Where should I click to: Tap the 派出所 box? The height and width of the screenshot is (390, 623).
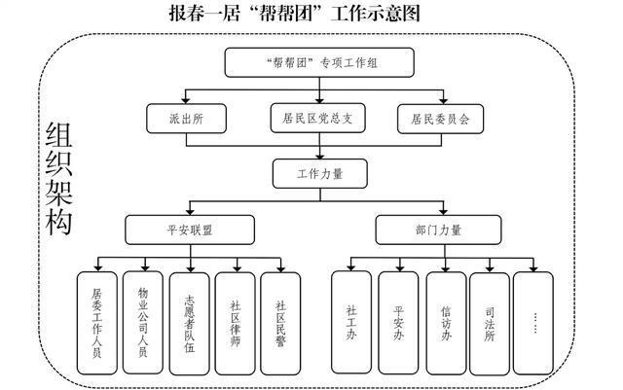pyautogui.click(x=186, y=120)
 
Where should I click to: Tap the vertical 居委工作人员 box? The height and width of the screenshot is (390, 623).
pyautogui.click(x=97, y=322)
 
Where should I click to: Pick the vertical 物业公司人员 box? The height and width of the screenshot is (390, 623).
pyautogui.click(x=143, y=322)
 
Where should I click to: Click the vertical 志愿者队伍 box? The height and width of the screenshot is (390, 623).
pyautogui.click(x=190, y=322)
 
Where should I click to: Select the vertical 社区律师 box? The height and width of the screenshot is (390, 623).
pyautogui.click(x=236, y=322)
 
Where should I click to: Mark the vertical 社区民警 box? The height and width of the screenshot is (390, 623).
pyautogui.click(x=281, y=322)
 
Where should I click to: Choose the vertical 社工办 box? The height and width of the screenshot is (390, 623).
pyautogui.click(x=350, y=322)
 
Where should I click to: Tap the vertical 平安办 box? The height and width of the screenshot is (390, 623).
pyautogui.click(x=397, y=322)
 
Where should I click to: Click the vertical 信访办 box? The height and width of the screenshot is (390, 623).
pyautogui.click(x=444, y=322)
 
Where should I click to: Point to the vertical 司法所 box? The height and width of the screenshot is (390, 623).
pyautogui.click(x=490, y=322)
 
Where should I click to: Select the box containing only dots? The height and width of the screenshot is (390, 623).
pyautogui.click(x=534, y=322)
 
